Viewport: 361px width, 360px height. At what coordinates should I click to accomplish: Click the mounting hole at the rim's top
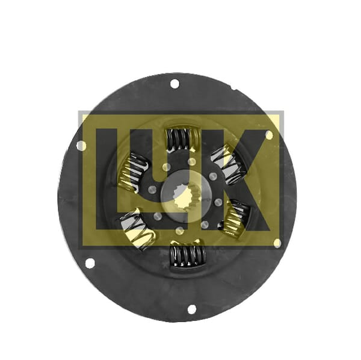pyautogui.click(x=174, y=84)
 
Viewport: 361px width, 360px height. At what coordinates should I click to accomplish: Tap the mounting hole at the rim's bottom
pyautogui.click(x=191, y=309)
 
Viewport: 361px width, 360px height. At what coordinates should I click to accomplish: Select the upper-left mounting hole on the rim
pyautogui.click(x=81, y=145)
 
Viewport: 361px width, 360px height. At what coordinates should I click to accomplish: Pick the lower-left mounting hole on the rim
pyautogui.click(x=90, y=263)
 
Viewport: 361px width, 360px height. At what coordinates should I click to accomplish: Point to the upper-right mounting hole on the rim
pyautogui.click(x=268, y=135)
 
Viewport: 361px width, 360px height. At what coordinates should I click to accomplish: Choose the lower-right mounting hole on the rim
pyautogui.click(x=277, y=243)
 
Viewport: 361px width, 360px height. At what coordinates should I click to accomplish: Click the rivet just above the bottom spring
pyautogui.click(x=179, y=231)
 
